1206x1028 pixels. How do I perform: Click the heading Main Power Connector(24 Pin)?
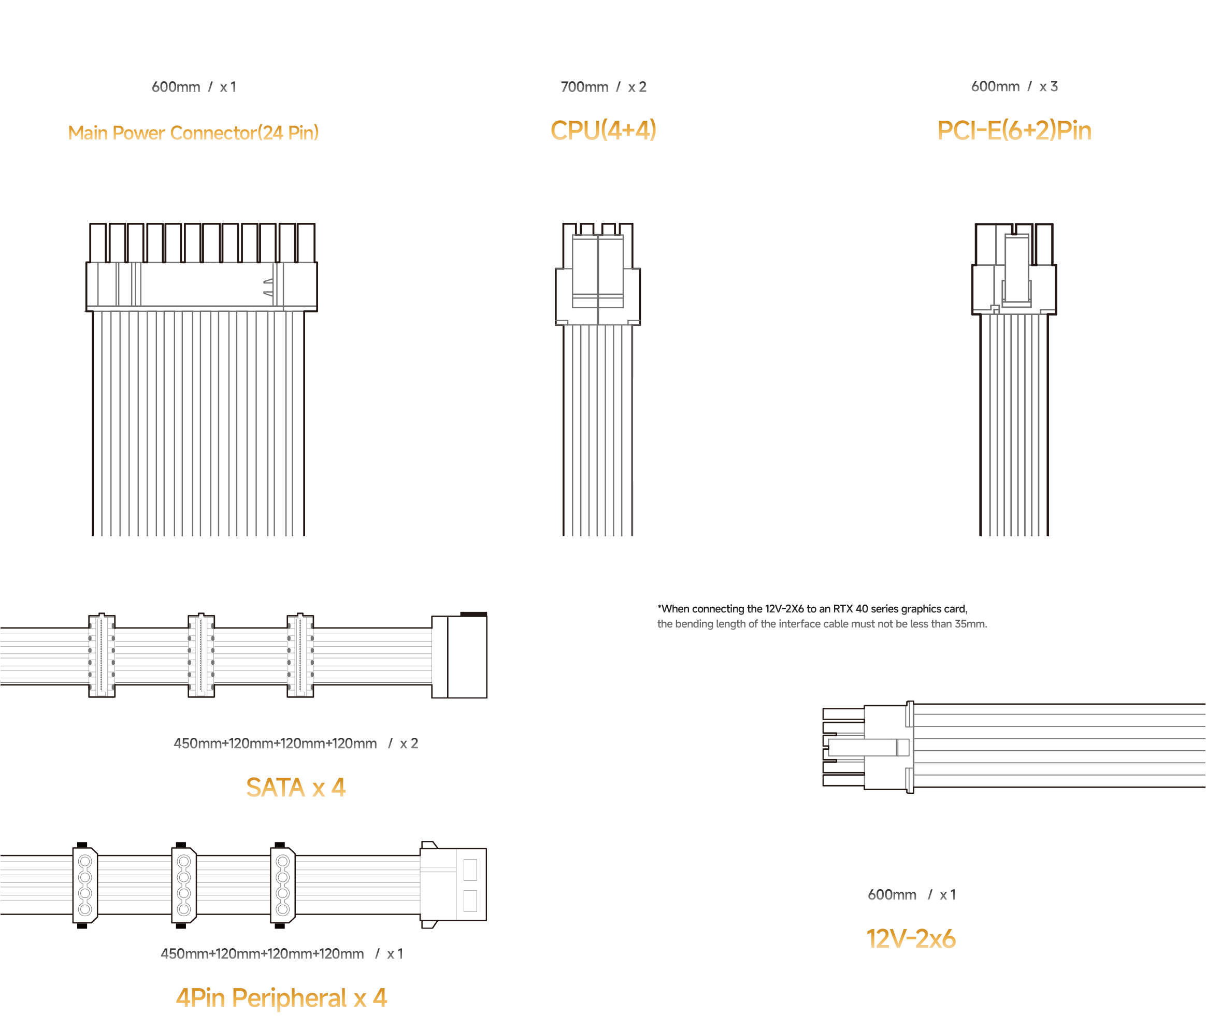pos(193,133)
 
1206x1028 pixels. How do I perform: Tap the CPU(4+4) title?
pos(603,130)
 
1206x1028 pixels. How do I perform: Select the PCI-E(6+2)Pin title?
pos(1014,130)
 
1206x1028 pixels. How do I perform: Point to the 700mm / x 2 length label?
pos(603,87)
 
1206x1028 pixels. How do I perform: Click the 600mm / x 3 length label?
pos(1014,86)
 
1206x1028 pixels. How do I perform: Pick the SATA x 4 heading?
pos(296,787)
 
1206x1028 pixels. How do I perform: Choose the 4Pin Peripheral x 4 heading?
pos(281,998)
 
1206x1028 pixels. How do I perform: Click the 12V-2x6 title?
pos(911,938)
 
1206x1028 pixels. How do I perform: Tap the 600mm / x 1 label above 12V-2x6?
pos(911,895)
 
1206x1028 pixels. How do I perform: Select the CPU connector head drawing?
pos(598,274)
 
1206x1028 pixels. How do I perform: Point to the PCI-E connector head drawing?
pos(1014,269)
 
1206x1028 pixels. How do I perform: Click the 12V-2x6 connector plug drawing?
pos(868,748)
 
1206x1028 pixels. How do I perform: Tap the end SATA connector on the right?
pos(459,655)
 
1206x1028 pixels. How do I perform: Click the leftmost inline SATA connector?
pos(102,655)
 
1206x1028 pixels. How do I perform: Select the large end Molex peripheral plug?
pos(453,885)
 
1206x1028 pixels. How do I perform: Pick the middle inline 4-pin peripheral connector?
pos(184,885)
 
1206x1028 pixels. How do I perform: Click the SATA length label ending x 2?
pos(296,744)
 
